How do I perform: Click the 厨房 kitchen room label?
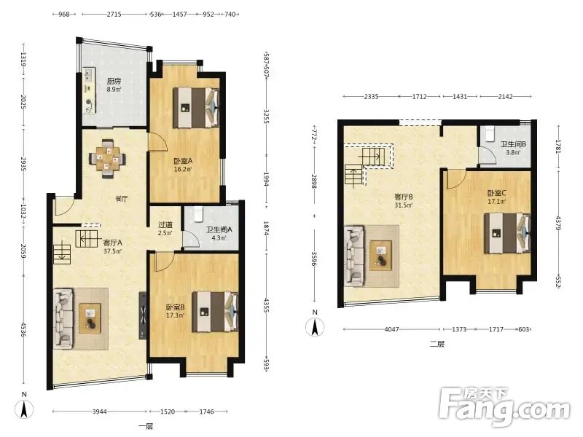point(114,81)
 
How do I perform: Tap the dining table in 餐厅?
point(107,159)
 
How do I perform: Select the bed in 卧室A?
point(196,107)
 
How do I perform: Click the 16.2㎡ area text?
point(183,170)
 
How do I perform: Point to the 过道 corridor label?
point(165,225)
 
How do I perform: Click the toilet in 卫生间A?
point(198,213)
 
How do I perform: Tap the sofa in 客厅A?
point(63,319)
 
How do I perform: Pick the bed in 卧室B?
point(215,312)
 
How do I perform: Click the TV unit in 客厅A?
point(143,315)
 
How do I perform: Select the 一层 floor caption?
point(145,426)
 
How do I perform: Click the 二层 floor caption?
point(437,344)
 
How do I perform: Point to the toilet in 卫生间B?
point(489,133)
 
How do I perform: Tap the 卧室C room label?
point(497,193)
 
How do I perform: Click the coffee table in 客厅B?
point(380,255)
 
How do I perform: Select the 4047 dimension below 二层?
point(391,329)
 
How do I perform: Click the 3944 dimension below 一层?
point(99,412)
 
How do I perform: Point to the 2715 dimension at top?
point(114,14)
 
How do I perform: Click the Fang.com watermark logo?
point(504,407)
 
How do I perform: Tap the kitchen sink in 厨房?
point(89,74)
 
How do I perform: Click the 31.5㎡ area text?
point(404,205)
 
